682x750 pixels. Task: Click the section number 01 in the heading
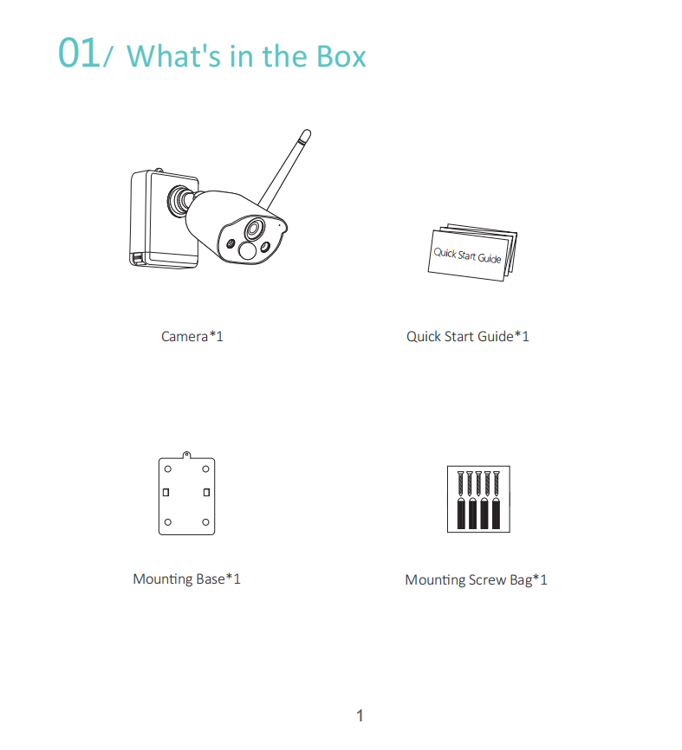79,53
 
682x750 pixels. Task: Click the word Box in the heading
341,56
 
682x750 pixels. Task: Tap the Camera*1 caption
192,336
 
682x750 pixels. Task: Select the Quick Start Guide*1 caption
468,336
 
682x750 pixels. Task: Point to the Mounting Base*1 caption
186,579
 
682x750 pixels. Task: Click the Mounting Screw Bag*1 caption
477,579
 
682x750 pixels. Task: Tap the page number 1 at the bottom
360,715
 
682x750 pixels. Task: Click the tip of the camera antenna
306,133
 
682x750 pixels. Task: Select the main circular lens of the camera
255,229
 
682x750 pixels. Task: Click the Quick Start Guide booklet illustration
472,252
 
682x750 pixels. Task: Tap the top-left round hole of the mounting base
168,469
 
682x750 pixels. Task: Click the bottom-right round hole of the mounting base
205,522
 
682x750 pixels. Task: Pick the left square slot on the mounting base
166,492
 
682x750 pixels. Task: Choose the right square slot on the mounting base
207,492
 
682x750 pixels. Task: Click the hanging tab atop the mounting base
186,455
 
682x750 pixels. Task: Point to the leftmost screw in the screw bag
461,483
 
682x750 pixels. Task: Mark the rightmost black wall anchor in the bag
497,514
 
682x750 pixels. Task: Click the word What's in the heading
173,56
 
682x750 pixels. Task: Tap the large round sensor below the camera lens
248,251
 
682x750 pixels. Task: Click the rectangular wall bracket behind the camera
164,218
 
